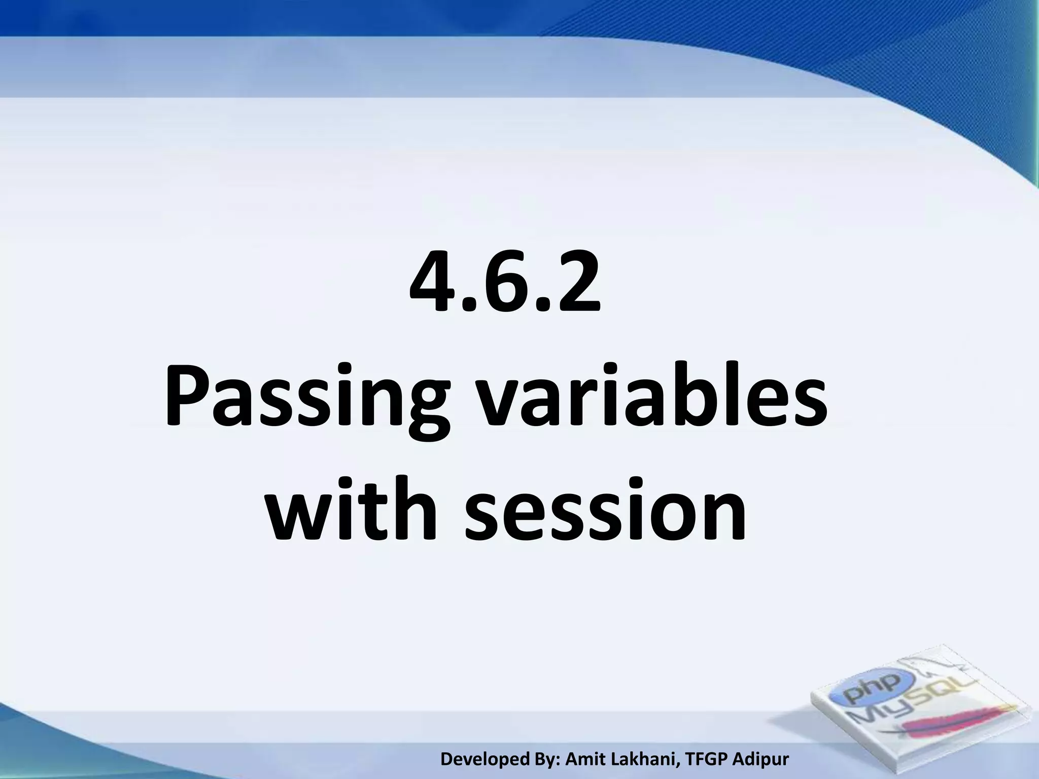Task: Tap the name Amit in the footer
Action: pyautogui.click(x=583, y=759)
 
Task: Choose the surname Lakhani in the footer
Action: pyautogui.click(x=640, y=759)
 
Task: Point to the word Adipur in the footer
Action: pyautogui.click(x=763, y=759)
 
